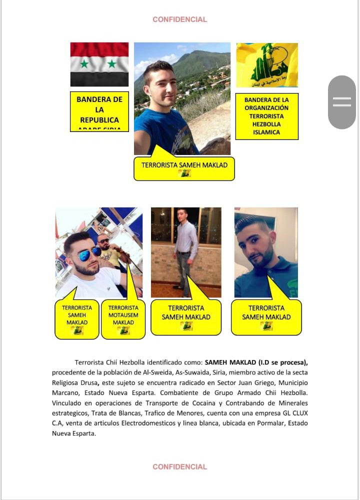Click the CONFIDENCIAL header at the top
click(179, 19)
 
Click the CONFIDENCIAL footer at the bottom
click(179, 466)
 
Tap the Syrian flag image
click(99, 64)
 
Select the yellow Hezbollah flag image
click(267, 65)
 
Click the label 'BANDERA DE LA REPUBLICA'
click(99, 111)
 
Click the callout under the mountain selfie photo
click(184, 167)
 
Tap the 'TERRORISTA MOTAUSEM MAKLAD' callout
click(123, 318)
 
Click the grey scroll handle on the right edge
click(342, 102)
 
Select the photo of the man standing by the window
click(186, 252)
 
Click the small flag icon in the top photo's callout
click(184, 173)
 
